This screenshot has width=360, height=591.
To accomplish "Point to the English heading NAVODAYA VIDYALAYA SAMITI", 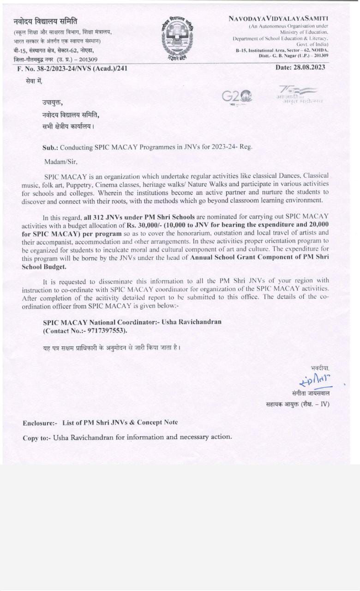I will click(278, 18).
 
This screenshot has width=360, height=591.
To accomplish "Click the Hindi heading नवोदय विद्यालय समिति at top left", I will click(45, 21).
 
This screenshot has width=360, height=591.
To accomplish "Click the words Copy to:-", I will click(36, 437).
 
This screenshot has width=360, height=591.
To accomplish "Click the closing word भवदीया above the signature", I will click(320, 368).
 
